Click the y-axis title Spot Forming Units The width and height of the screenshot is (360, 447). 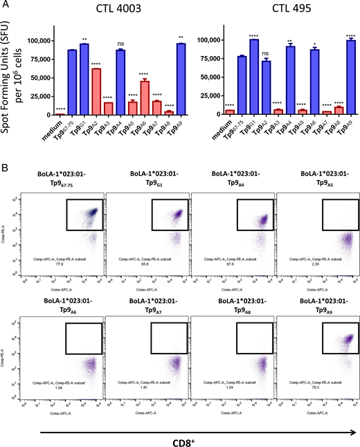click(9, 76)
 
